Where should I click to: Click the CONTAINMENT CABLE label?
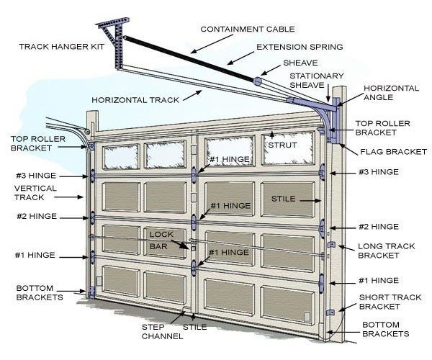coord(248,30)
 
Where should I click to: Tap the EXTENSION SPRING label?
coord(300,47)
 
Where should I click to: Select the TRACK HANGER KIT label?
coord(62,47)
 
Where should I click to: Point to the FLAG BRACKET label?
coord(393,151)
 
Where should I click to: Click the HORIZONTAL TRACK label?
coord(135,100)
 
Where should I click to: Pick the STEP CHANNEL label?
coord(162,332)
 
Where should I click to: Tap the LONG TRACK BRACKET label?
coord(386,251)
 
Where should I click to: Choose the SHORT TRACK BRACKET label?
coord(390,302)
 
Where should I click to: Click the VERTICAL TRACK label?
coord(35,193)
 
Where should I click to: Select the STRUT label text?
coord(282,145)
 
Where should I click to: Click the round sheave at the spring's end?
coord(257,81)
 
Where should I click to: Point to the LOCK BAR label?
coord(161,240)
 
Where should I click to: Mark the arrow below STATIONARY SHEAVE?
coord(328,93)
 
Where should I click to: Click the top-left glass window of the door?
coord(120,157)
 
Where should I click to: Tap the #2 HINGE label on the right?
coord(379,227)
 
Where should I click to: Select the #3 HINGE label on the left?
coord(36,176)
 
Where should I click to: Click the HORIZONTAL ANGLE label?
coord(391,93)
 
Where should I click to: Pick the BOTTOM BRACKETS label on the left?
coord(40,292)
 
